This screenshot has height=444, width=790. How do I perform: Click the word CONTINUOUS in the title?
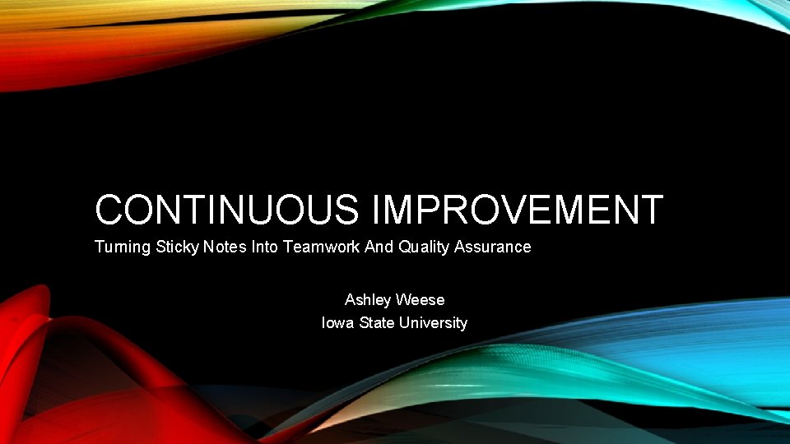[x=226, y=210]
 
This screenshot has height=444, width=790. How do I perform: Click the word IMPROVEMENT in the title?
[x=518, y=210]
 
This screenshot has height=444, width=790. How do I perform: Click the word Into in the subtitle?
[x=265, y=247]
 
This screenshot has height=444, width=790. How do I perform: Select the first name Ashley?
[x=369, y=300]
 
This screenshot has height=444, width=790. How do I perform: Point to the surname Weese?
[x=421, y=300]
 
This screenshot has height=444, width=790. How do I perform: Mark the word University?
[x=433, y=323]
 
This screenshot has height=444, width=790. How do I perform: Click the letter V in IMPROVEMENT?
[x=532, y=210]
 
